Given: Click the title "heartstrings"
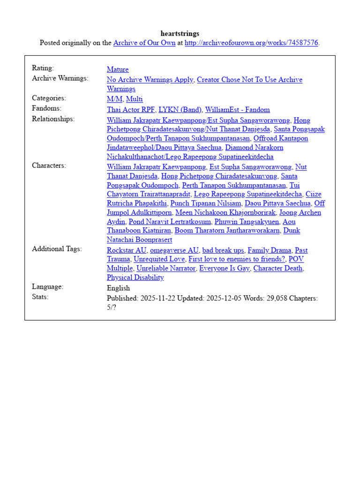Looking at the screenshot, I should pyautogui.click(x=180, y=34).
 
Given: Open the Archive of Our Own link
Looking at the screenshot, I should pyautogui.click(x=144, y=43).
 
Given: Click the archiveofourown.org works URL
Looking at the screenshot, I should pyautogui.click(x=251, y=43).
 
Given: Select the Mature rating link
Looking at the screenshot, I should pyautogui.click(x=118, y=70).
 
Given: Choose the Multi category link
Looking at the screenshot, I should pyautogui.click(x=135, y=99).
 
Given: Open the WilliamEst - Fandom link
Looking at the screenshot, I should pyautogui.click(x=238, y=110).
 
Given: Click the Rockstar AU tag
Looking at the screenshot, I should pyautogui.click(x=127, y=250).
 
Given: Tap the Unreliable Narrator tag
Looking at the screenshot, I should pyautogui.click(x=166, y=269).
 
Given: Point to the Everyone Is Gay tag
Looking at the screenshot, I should pyautogui.click(x=224, y=269).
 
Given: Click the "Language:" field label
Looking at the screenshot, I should pyautogui.click(x=47, y=287).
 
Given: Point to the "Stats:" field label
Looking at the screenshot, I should pyautogui.click(x=40, y=297).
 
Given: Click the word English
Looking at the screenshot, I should pyautogui.click(x=119, y=288).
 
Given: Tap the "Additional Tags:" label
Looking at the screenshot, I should pyautogui.click(x=57, y=249).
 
